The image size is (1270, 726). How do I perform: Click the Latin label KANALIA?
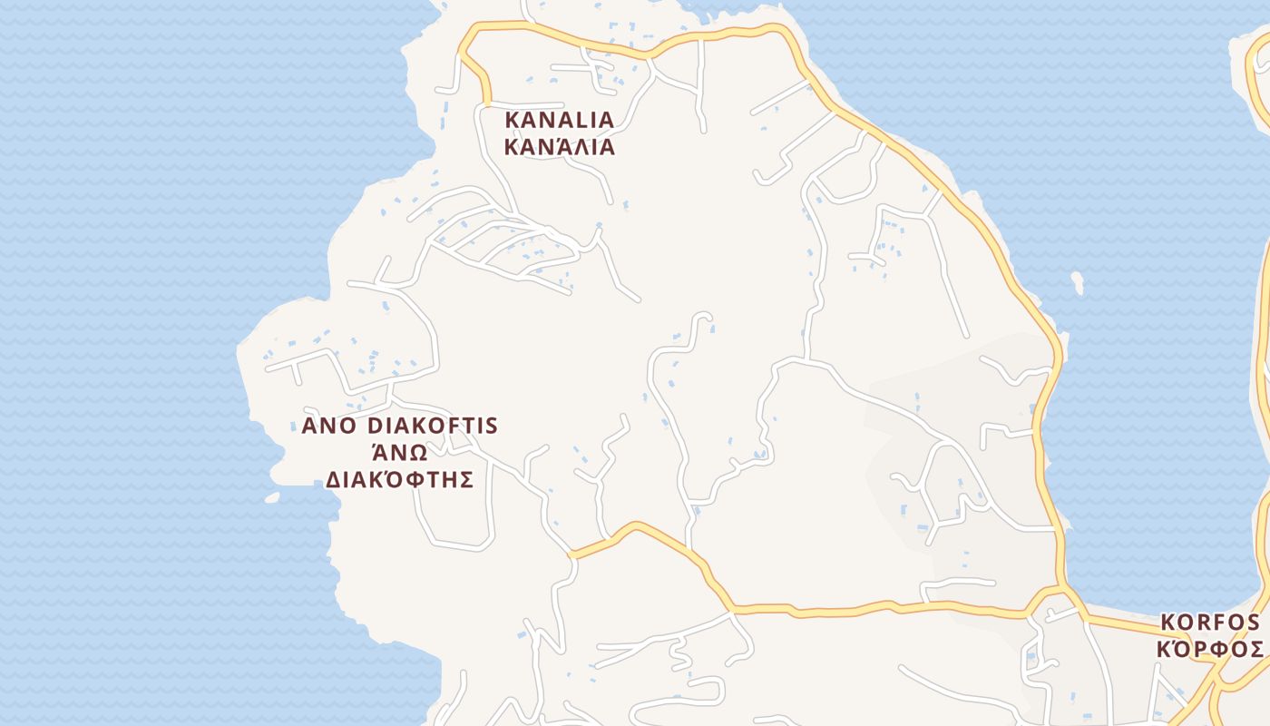coord(559,120)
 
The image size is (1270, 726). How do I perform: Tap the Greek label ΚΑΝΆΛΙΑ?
coord(559,147)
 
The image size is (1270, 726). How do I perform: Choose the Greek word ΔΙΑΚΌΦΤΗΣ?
coord(400,480)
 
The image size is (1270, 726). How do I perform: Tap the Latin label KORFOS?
coord(1210,623)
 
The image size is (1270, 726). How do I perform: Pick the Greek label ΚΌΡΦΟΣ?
coord(1210,650)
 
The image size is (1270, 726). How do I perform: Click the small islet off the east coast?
coord(1077,282)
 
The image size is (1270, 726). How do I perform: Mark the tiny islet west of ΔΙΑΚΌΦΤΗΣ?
coord(271,497)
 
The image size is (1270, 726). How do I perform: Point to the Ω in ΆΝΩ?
coord(419,454)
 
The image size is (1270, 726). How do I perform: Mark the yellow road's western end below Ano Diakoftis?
coord(571,554)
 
